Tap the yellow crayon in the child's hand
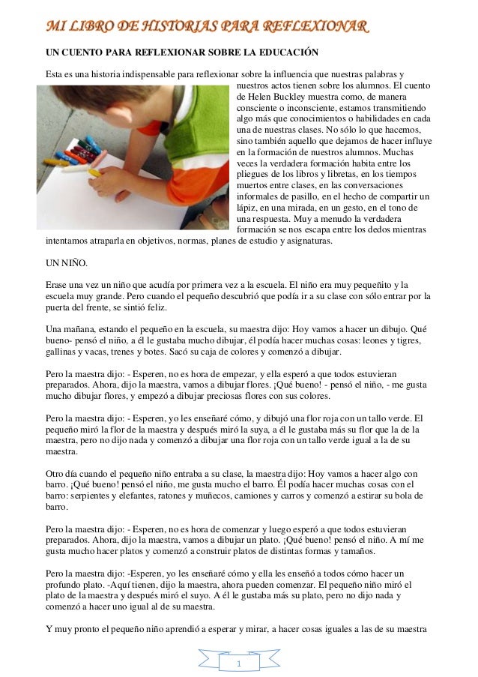pos(95,172)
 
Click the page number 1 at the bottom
pos(238,664)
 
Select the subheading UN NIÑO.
pos(67,263)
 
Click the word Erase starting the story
pos(57,285)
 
